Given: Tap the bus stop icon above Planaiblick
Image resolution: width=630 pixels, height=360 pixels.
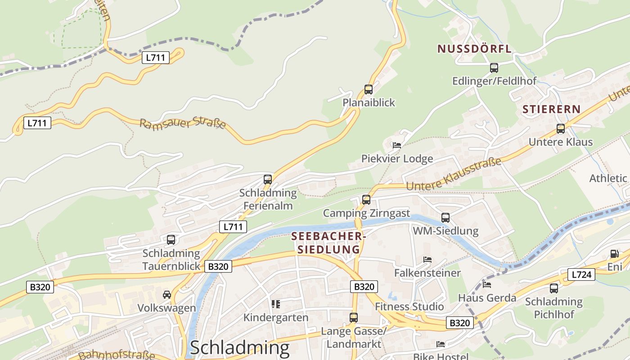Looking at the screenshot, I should pos(369,90).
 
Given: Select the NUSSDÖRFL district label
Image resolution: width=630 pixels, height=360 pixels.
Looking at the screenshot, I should pos(474,49).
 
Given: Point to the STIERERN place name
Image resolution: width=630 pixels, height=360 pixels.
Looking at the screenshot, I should pos(551,109).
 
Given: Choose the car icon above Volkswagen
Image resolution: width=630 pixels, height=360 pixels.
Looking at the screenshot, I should pos(167,295).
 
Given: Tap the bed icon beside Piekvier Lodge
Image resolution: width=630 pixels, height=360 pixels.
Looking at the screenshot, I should pos(396,145).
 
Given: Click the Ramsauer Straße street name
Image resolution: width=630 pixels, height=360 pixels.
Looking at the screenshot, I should pos(182,124).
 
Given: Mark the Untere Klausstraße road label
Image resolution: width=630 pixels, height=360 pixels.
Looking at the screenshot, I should pos(453,174).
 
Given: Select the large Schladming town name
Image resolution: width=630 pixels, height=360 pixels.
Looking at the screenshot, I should pos(239,348).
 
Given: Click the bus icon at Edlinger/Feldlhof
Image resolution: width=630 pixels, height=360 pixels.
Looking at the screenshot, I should pos(494,68).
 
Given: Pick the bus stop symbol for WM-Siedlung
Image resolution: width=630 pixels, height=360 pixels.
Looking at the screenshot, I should pos(445,218).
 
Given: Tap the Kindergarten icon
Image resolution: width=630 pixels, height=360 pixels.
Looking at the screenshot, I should pos(276,304).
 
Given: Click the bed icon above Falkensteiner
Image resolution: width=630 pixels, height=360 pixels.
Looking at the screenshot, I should pos(427,260).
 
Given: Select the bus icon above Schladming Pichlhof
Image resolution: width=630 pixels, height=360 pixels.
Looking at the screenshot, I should pos(554,288).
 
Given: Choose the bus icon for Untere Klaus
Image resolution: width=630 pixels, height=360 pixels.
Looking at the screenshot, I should pos(560,129).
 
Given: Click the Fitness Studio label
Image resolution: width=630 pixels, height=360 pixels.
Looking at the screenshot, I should pos(409,307).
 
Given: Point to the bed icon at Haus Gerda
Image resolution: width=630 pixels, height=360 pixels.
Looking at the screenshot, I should pos(486,284).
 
